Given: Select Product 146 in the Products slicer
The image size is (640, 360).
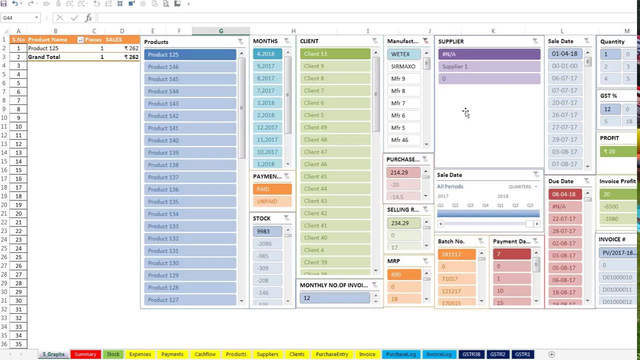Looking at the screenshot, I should [190, 66].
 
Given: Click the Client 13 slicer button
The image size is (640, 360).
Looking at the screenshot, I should [335, 54].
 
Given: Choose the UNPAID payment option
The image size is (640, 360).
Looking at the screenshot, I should [272, 201].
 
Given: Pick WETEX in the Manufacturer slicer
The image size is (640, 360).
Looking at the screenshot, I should [403, 54].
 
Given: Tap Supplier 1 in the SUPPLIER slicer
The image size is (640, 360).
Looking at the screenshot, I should [489, 66].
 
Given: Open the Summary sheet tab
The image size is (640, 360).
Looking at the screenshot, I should [85, 354].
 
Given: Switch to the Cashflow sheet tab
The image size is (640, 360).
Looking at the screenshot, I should [205, 354].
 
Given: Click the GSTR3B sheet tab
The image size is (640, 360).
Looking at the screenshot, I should [471, 354].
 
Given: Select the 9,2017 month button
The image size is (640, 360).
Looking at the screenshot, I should [267, 66].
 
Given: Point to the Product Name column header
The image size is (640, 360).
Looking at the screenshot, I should [47, 39].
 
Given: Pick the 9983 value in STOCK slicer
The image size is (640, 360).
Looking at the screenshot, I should [267, 231].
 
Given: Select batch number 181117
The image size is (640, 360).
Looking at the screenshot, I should [457, 254].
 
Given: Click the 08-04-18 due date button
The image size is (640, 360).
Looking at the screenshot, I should [564, 194].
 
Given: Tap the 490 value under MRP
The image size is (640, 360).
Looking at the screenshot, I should [403, 274].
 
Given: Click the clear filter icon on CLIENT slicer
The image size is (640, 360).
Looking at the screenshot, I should [375, 41].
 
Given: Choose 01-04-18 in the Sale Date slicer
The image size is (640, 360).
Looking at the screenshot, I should [564, 54].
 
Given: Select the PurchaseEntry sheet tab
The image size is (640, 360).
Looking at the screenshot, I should [331, 354].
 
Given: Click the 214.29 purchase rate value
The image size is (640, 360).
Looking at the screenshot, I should [403, 172].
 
